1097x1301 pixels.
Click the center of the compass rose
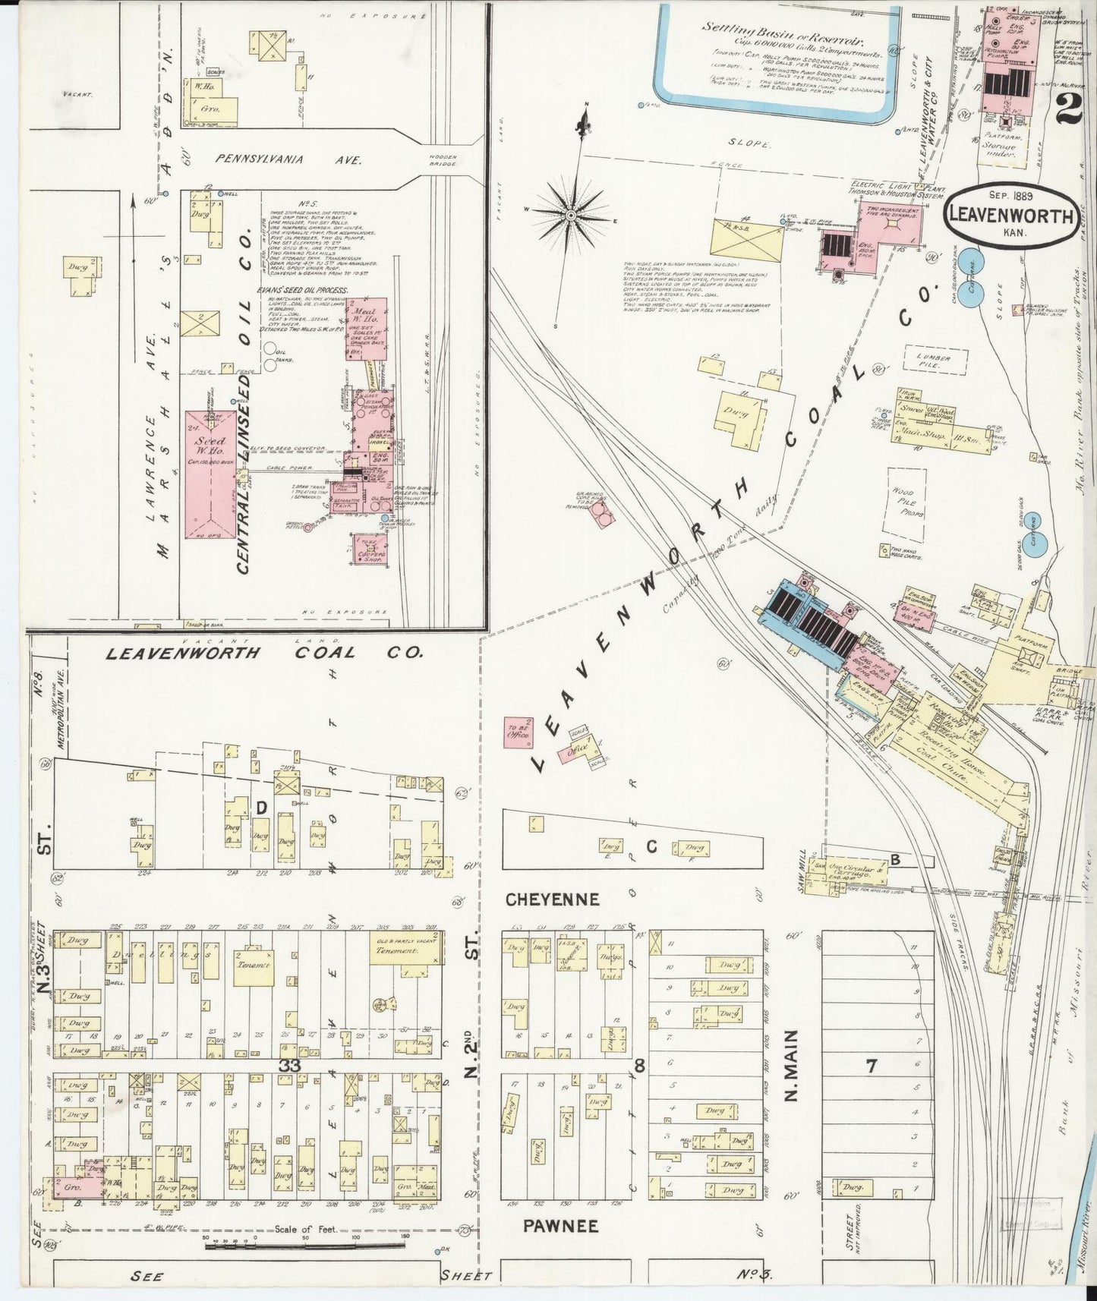click(571, 216)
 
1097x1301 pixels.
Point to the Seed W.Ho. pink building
click(210, 474)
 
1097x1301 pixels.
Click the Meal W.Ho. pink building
click(367, 328)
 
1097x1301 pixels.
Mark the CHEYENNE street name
click(553, 899)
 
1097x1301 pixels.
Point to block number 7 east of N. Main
click(872, 1066)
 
